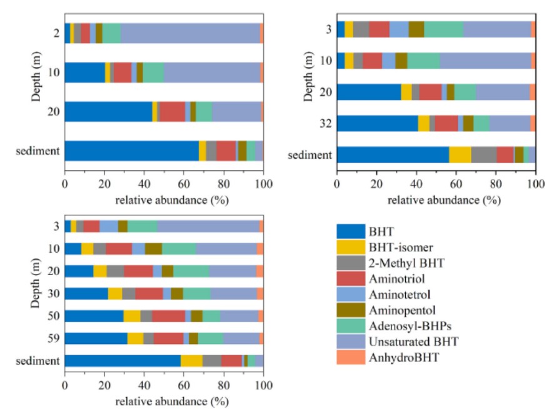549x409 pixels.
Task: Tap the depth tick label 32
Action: point(325,124)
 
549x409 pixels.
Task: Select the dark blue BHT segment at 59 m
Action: point(96,338)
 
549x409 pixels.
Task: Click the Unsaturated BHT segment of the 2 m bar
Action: point(190,33)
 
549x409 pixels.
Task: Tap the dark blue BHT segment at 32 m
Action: point(377,123)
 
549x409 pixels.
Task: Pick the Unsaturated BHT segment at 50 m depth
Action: point(239,316)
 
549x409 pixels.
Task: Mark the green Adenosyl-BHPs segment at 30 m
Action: point(197,294)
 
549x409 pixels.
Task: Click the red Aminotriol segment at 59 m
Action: point(168,338)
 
